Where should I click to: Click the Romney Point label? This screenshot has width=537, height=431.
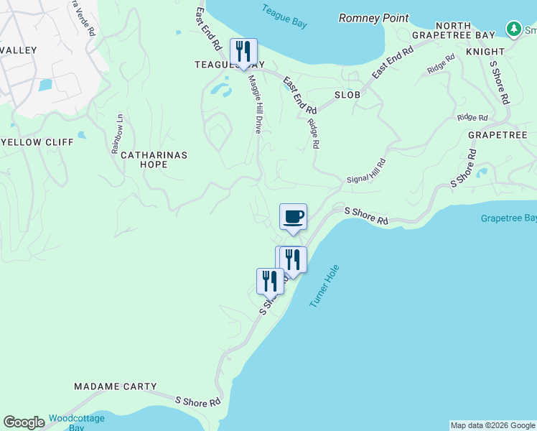pyautogui.click(x=373, y=18)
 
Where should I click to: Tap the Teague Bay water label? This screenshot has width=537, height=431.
pyautogui.click(x=284, y=16)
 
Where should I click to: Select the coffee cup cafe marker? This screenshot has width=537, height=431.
pyautogui.click(x=292, y=217)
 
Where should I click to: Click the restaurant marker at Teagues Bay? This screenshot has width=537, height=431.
pyautogui.click(x=243, y=52)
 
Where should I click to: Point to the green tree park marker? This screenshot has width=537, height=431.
pyautogui.click(x=513, y=29)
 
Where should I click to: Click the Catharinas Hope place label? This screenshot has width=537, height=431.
pyautogui.click(x=154, y=159)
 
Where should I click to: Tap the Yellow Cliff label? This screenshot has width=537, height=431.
pyautogui.click(x=37, y=142)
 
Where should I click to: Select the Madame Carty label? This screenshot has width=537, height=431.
pyautogui.click(x=115, y=386)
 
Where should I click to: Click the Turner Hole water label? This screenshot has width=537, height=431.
pyautogui.click(x=324, y=287)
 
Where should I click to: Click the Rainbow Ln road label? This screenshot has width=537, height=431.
pyautogui.click(x=118, y=133)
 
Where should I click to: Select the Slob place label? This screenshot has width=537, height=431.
pyautogui.click(x=347, y=95)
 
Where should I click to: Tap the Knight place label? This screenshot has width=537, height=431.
pyautogui.click(x=485, y=52)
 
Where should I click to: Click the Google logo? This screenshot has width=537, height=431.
pyautogui.click(x=24, y=422)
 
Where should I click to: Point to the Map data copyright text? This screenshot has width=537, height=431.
pyautogui.click(x=492, y=425)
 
